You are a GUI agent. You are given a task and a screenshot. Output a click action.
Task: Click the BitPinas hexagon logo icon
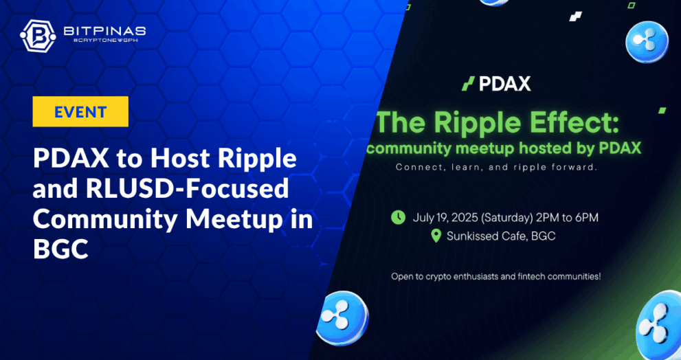[x=38, y=34]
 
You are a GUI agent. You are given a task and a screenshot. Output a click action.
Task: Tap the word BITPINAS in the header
[x=104, y=30]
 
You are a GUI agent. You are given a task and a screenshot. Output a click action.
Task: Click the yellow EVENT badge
[x=80, y=111]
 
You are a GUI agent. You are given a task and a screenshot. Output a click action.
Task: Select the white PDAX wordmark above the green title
[x=504, y=83]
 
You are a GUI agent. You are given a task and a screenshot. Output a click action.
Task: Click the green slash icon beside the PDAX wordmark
[x=468, y=83]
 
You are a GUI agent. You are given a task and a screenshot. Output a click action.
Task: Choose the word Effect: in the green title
[x=575, y=124]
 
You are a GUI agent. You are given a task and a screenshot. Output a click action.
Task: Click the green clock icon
[x=398, y=217]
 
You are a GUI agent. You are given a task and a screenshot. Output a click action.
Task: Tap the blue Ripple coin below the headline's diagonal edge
[x=343, y=318]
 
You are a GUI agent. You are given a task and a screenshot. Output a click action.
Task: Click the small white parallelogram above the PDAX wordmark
[x=575, y=16]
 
